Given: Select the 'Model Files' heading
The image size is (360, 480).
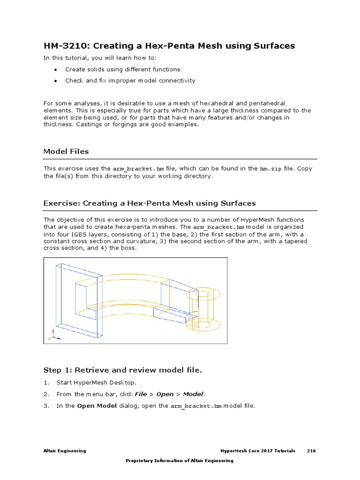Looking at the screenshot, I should coord(66,151).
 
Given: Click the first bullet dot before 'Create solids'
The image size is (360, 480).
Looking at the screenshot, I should coord(55,69).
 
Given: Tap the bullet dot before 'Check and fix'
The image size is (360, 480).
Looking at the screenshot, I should coord(55,81).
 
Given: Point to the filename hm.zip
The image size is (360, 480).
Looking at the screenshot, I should coord(270,169).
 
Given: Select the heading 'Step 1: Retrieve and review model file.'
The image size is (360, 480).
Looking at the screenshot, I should coord(122,370).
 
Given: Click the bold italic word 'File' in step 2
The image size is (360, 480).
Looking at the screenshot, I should coord(141,394).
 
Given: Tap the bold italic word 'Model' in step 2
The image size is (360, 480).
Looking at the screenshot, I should coord(193,394).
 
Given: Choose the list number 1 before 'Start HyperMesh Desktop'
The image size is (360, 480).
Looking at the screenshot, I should coord(46,382).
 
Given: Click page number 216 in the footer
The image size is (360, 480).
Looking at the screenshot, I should coord(311,451).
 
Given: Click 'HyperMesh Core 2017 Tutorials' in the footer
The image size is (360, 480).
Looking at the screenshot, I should coord(258,451).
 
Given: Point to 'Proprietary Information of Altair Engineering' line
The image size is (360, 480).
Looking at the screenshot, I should coord(180,461).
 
